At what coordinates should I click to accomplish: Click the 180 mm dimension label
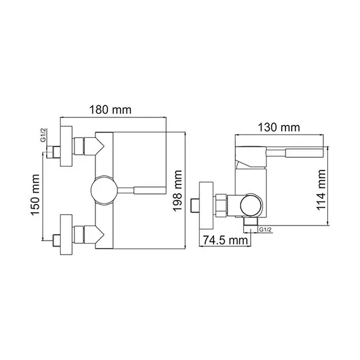114,109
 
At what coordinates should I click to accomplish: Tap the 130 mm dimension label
279,127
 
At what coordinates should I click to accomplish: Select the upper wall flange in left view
68,145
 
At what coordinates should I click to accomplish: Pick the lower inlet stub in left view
56,241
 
